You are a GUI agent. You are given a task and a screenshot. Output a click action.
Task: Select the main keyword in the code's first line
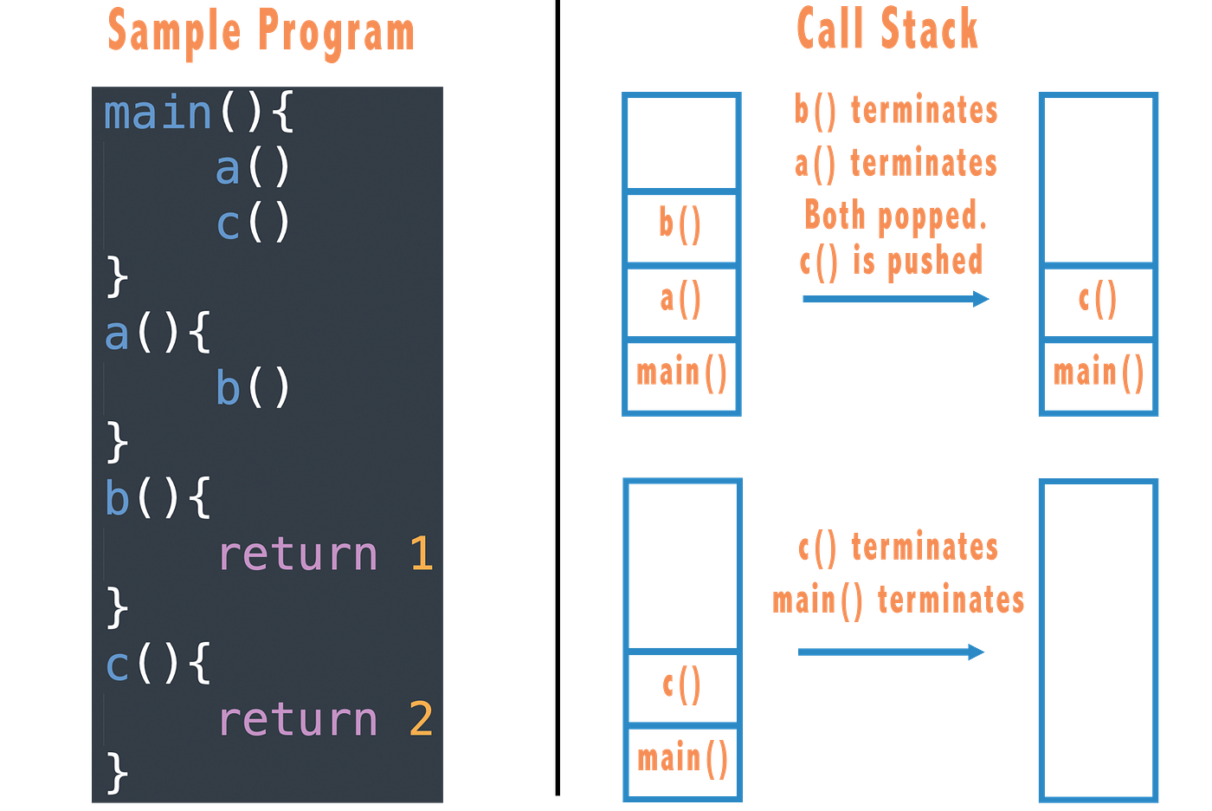[158, 114]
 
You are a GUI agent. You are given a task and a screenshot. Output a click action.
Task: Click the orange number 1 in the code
[421, 554]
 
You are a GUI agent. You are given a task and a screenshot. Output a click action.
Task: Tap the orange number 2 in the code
[421, 719]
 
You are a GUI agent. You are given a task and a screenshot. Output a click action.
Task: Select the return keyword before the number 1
[297, 554]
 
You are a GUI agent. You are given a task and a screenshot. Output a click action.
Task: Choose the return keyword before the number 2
[297, 719]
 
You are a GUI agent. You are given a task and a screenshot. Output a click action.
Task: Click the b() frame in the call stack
[680, 224]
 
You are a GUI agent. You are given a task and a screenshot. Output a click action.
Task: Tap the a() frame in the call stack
[680, 299]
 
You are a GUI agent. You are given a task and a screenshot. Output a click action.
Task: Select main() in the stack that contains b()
[681, 373]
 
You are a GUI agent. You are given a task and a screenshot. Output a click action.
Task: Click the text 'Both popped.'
[894, 214]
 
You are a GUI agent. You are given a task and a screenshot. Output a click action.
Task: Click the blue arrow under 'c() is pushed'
[894, 299]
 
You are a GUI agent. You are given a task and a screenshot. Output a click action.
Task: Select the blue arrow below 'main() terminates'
[891, 652]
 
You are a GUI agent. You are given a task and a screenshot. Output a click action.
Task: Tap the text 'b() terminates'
[895, 111]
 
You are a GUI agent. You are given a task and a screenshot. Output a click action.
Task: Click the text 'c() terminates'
[897, 548]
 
